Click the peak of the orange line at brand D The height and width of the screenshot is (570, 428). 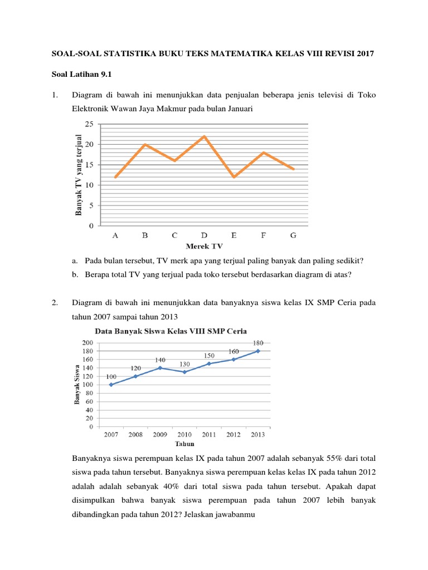click(204, 136)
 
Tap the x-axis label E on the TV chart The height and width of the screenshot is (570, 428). click(234, 235)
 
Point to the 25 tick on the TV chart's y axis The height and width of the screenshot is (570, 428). click(89, 124)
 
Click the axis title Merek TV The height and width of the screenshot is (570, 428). click(205, 245)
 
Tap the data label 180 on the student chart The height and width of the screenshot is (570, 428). click(258, 343)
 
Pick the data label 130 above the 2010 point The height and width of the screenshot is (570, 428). click(184, 364)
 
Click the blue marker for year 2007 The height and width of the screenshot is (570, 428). click(111, 385)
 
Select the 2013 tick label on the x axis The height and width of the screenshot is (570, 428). click(257, 434)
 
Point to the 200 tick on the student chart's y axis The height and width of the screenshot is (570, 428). click(88, 342)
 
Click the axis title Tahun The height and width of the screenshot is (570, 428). click(184, 444)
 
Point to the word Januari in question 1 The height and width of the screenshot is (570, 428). click(237, 110)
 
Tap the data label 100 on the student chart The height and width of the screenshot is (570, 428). click(111, 376)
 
